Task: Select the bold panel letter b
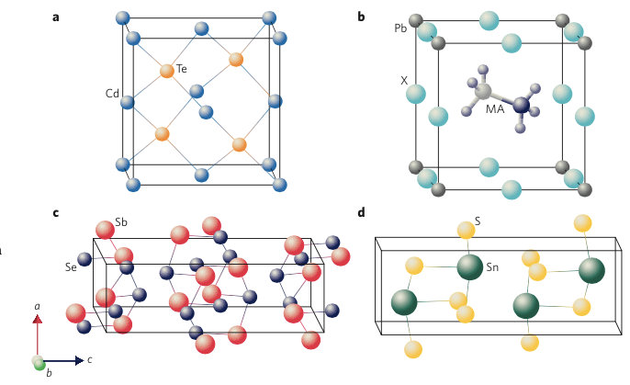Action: pos(361,17)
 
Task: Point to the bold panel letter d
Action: pos(361,213)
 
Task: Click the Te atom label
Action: pos(182,69)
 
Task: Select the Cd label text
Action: pos(112,93)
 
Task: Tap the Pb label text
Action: pos(401,29)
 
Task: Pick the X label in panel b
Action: pos(403,81)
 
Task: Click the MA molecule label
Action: pos(495,110)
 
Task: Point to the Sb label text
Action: pos(121,222)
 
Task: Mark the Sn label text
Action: pos(493,267)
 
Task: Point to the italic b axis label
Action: pos(49,375)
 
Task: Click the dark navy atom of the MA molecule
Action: pos(522,107)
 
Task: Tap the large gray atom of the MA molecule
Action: pos(484,92)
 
